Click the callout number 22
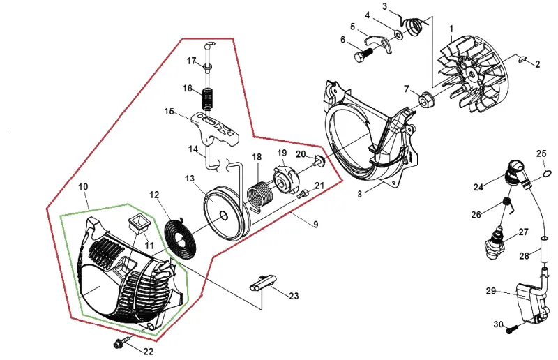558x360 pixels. [x=149, y=352]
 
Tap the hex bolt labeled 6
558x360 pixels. [x=363, y=54]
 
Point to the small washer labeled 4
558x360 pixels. [x=398, y=34]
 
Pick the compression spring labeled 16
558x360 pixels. [x=209, y=98]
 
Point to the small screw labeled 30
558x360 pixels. [x=511, y=330]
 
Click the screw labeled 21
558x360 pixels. [x=303, y=194]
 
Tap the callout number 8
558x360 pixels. [x=359, y=194]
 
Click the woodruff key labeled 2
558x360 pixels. [x=522, y=59]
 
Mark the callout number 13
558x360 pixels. [x=190, y=178]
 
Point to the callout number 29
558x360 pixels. [x=491, y=291]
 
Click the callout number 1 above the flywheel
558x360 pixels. [x=451, y=29]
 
